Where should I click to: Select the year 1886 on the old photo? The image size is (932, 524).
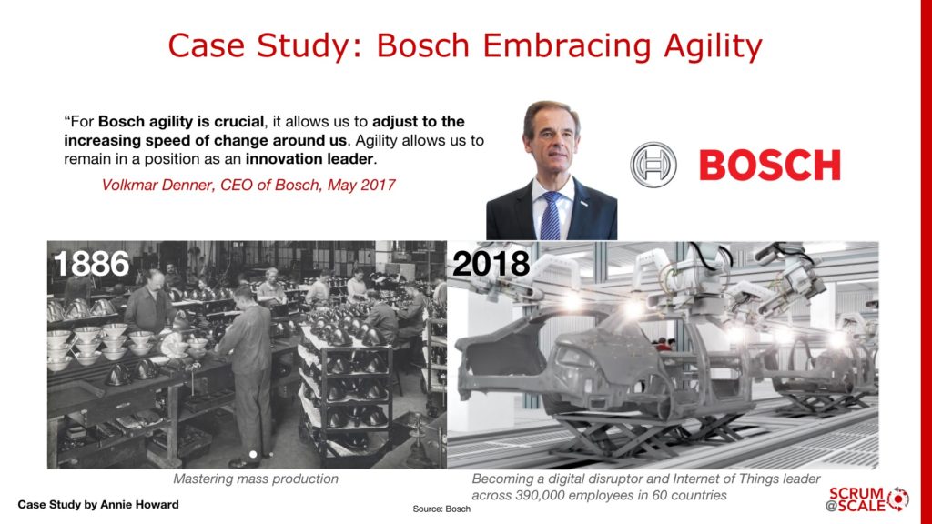91,264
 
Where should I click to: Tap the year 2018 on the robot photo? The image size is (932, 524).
491,263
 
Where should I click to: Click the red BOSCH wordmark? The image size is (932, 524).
769,166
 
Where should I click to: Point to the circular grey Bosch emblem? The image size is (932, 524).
652,165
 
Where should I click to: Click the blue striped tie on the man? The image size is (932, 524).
551,215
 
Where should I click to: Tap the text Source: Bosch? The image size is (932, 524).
441,509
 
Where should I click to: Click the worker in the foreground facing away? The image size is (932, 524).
248,364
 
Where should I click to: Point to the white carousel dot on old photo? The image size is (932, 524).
253,453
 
